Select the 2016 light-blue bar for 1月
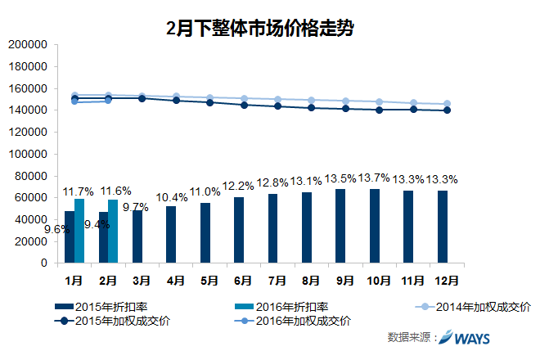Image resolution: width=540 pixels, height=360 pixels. click(x=79, y=231)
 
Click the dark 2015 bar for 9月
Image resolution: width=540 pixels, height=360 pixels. click(x=340, y=226)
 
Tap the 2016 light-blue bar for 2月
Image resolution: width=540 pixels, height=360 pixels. click(x=113, y=232)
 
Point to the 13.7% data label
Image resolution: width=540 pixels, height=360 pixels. click(x=375, y=178)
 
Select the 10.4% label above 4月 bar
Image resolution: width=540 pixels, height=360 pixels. click(x=170, y=198)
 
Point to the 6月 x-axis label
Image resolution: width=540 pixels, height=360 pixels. click(x=242, y=280)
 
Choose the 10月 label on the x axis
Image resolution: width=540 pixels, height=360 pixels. click(x=378, y=280)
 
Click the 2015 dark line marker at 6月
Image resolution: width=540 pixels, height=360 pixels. click(x=244, y=105)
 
